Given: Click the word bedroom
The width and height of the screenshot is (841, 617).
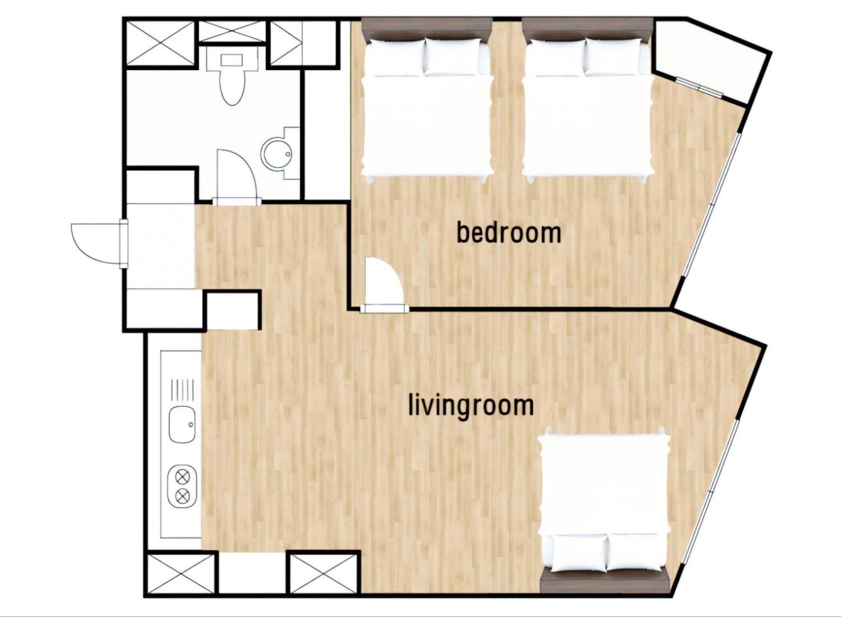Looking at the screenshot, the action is point(509,233).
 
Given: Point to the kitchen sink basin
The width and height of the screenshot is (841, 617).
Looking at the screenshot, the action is point(182,425).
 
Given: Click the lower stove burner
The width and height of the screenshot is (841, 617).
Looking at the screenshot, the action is point(182,497).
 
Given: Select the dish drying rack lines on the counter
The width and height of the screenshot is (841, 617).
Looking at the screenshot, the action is point(183,389).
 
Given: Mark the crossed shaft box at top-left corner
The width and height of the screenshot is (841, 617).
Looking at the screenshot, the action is point(161,43).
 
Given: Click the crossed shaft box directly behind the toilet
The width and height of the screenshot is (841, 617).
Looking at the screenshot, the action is point(231,31).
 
